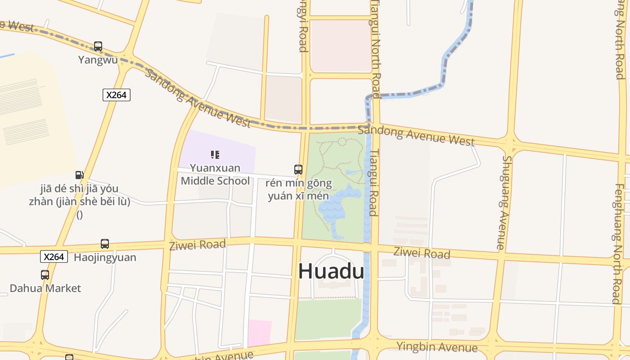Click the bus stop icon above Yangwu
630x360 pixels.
(x=98, y=46)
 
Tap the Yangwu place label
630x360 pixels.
(x=98, y=60)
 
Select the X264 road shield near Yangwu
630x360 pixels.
(x=117, y=95)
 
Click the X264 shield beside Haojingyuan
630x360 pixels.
(x=54, y=256)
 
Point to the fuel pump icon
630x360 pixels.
(x=79, y=175)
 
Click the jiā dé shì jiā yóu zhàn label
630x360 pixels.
(x=80, y=195)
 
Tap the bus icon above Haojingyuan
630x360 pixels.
(x=105, y=244)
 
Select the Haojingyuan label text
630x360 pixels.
(x=105, y=258)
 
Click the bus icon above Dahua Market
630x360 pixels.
(x=45, y=275)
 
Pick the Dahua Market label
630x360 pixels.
(x=45, y=288)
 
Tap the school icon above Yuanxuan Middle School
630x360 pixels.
(x=215, y=155)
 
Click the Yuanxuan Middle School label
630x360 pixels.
(x=215, y=174)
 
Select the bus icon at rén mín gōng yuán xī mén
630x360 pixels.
(x=298, y=170)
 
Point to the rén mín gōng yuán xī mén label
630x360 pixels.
(x=299, y=189)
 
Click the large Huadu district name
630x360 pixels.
(x=331, y=271)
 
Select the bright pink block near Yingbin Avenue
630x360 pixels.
(x=260, y=333)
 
